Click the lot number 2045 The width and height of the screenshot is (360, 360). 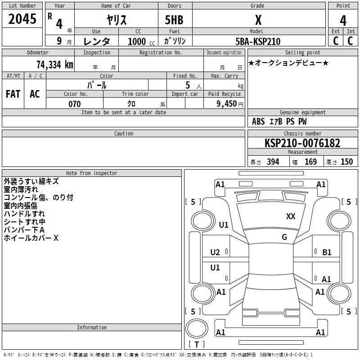pos(22,19)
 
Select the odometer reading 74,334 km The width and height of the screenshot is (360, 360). pos(55,65)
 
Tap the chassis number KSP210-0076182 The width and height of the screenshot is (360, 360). pos(302,143)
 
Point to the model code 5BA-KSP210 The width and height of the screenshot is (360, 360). pos(258,41)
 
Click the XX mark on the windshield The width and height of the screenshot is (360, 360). pos(291,216)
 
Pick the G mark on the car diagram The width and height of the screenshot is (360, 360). pos(284,237)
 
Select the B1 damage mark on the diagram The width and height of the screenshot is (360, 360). pos(327,252)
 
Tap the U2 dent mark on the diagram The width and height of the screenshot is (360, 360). pos(215,252)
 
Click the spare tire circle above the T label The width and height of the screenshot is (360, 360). pos(197,328)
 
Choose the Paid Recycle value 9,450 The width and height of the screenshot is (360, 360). pos(226,104)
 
